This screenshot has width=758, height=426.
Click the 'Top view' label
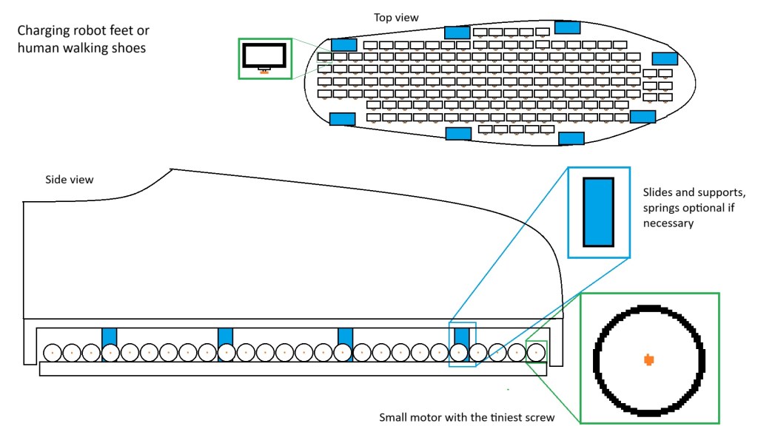click(x=397, y=17)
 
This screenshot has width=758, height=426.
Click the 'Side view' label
click(x=70, y=180)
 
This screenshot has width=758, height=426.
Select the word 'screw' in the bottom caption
click(x=538, y=417)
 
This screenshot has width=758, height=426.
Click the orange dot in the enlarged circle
click(x=648, y=359)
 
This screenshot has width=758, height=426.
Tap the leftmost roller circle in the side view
click(x=53, y=353)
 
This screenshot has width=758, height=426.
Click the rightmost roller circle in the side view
click(x=536, y=353)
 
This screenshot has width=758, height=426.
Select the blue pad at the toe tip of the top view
click(x=665, y=58)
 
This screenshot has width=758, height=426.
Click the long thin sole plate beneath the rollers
click(x=292, y=368)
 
